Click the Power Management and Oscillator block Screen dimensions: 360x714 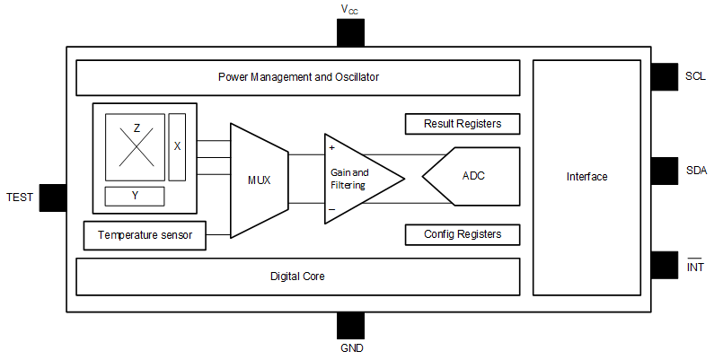point(298,77)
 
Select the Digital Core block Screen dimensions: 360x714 point(298,277)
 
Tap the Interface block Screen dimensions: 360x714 point(586,177)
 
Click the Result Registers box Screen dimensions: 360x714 point(462,123)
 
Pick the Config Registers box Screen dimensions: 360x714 point(462,234)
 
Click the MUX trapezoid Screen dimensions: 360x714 point(259,180)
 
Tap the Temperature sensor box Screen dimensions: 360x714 point(144,235)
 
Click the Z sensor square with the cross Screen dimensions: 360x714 point(136,146)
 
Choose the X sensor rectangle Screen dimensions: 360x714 point(177,146)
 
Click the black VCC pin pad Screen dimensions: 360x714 point(350,32)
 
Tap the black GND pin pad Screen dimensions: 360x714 point(350,326)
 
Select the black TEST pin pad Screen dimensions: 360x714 point(53,197)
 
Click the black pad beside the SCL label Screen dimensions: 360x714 point(665,76)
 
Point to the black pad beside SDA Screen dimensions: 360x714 point(665,170)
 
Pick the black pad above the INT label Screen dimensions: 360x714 point(665,264)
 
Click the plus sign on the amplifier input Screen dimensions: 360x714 point(332,146)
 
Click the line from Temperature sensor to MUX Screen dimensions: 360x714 point(218,235)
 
